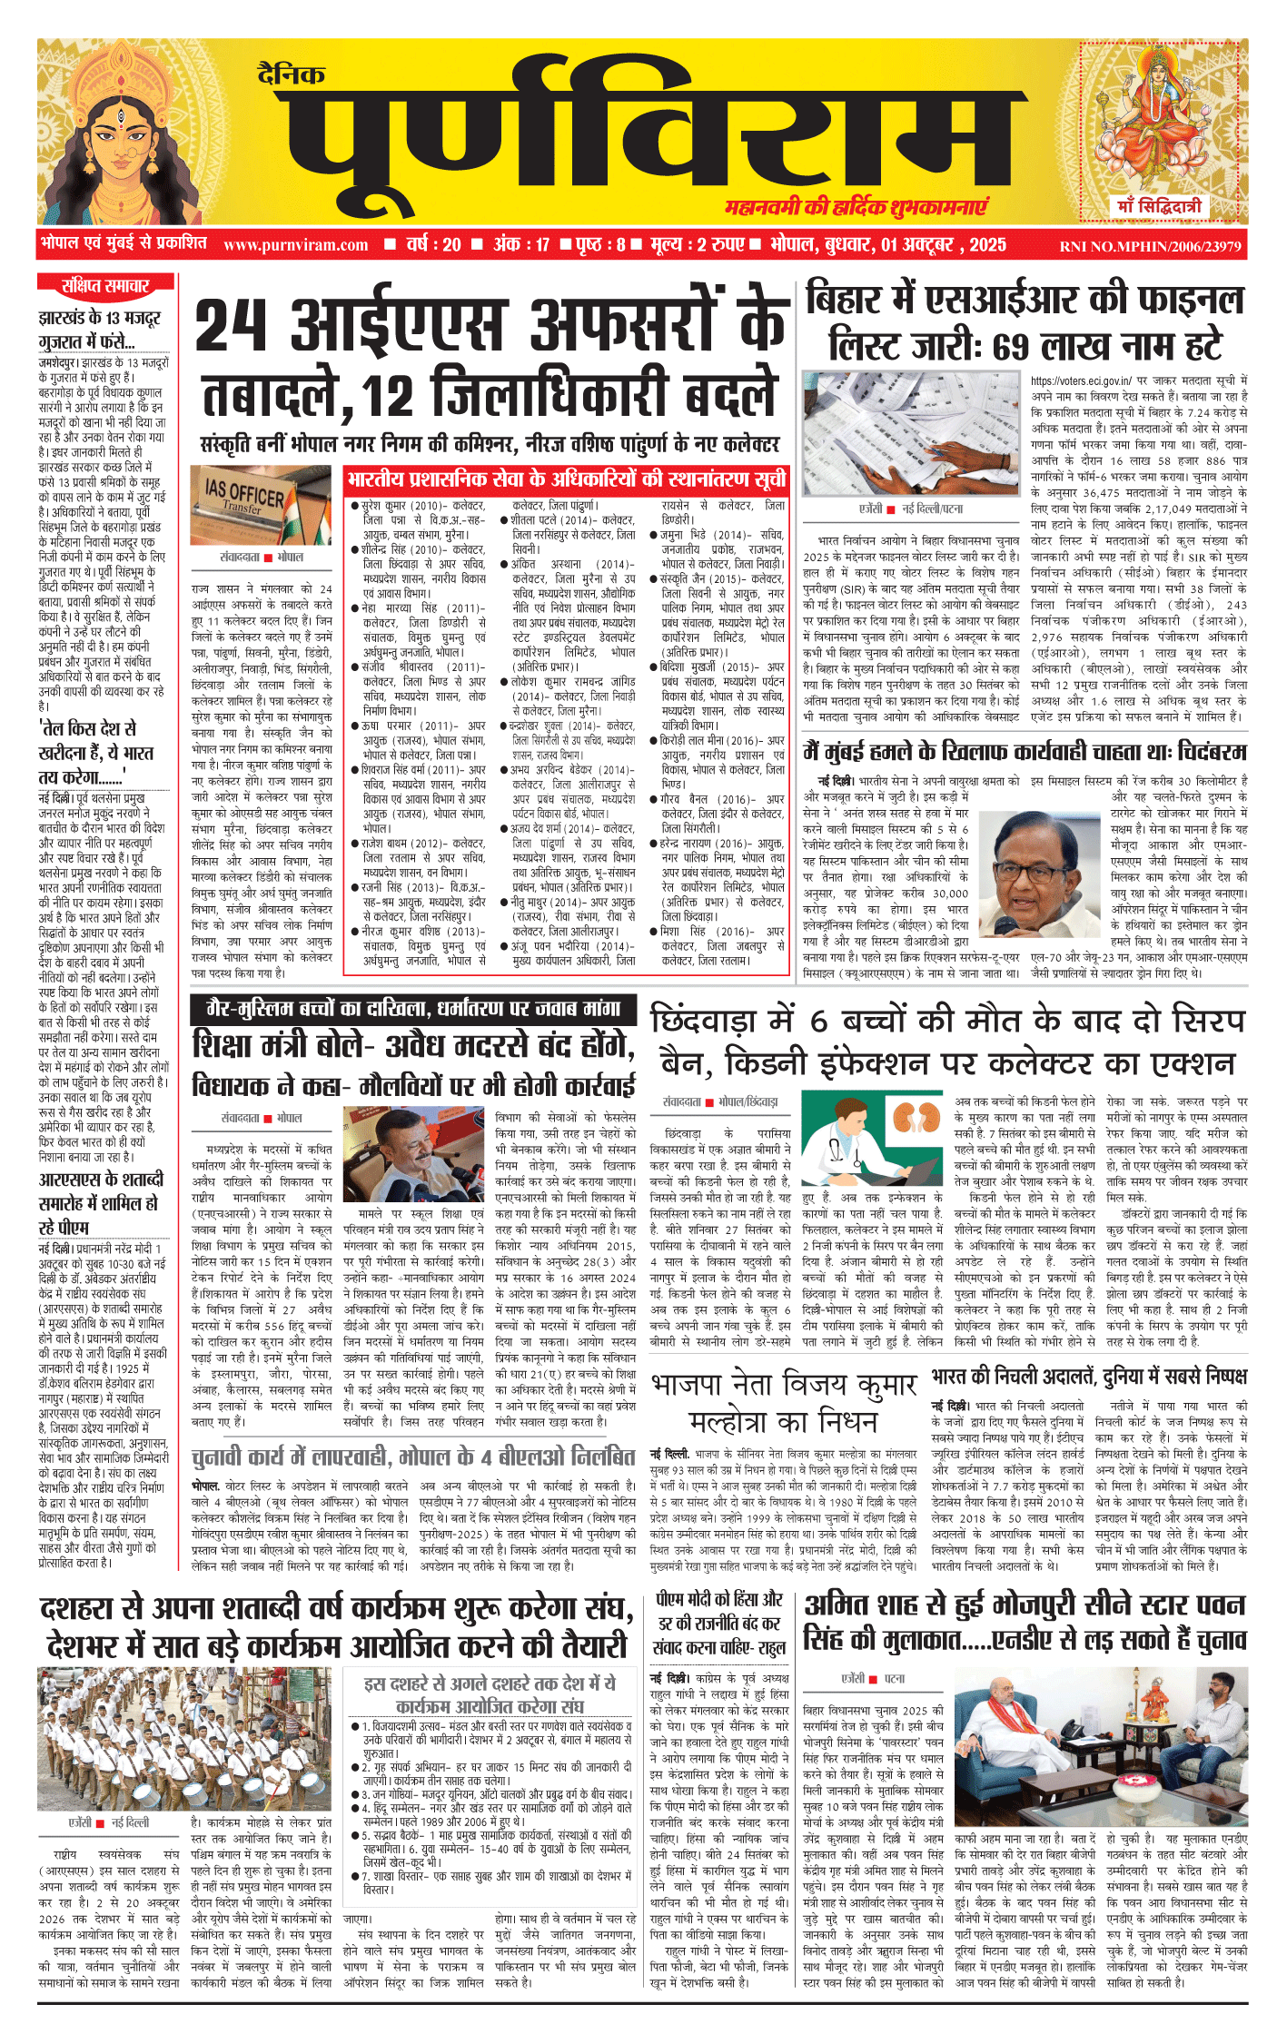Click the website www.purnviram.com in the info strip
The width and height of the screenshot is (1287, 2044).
[x=295, y=245]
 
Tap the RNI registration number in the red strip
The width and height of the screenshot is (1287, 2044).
[x=1150, y=246]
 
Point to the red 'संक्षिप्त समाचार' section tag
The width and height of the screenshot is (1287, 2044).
[x=104, y=285]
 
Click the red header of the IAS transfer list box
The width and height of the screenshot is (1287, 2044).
[x=567, y=479]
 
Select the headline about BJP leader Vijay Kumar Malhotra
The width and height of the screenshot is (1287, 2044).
[x=784, y=1402]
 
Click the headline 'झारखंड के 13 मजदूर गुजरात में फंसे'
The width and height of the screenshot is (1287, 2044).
[x=100, y=330]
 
